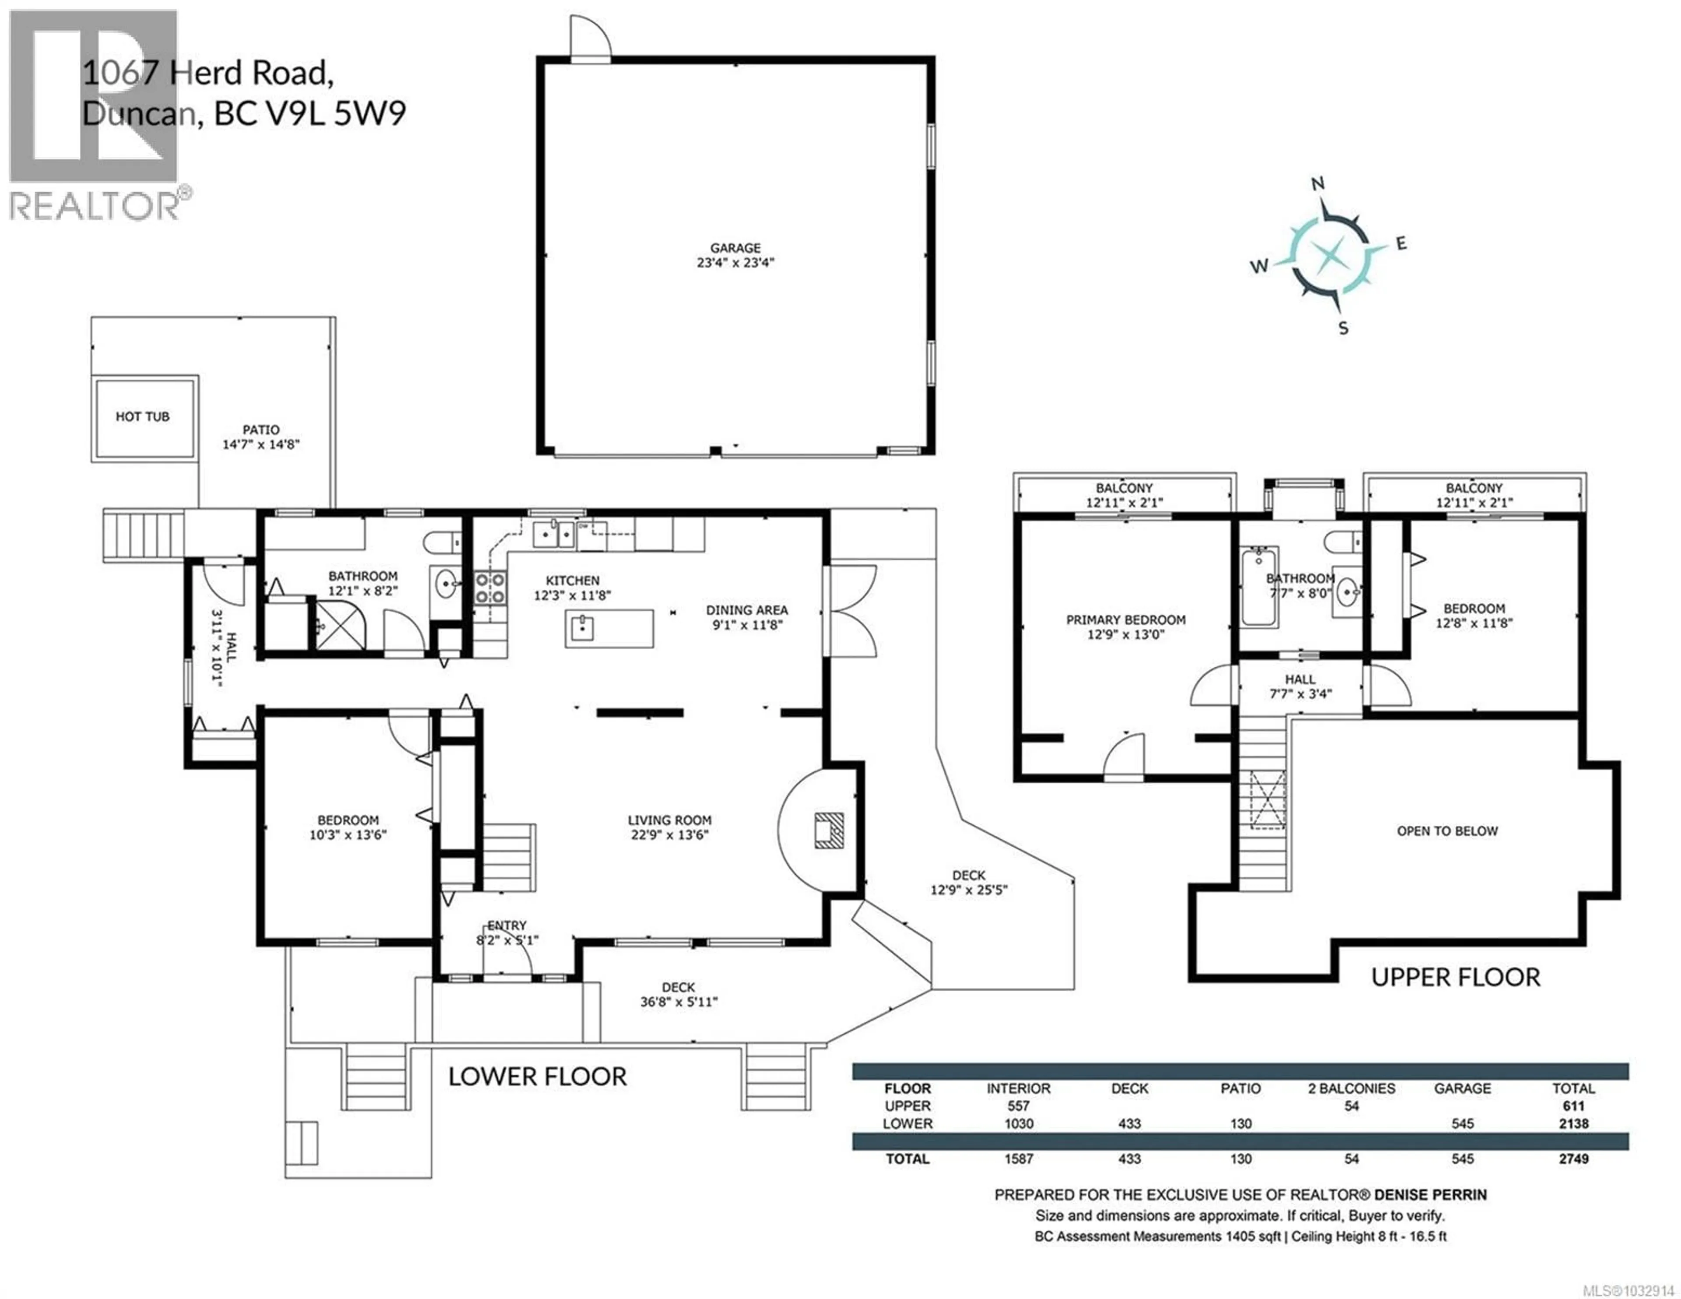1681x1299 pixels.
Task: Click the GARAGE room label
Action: [x=735, y=248]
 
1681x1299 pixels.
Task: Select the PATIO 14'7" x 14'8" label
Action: [x=261, y=437]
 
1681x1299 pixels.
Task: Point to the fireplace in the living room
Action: [x=830, y=830]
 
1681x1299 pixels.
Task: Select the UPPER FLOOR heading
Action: [x=1456, y=977]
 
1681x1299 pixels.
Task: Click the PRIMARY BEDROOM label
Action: [x=1125, y=620]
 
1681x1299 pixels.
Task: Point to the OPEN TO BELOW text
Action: [x=1447, y=831]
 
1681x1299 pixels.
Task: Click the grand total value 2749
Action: [x=1573, y=1159]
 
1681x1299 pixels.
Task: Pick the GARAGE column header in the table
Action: [x=1463, y=1088]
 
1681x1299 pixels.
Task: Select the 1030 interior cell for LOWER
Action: [x=1018, y=1123]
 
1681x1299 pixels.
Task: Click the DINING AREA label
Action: [x=746, y=610]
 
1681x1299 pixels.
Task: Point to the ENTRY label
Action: [x=506, y=926]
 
